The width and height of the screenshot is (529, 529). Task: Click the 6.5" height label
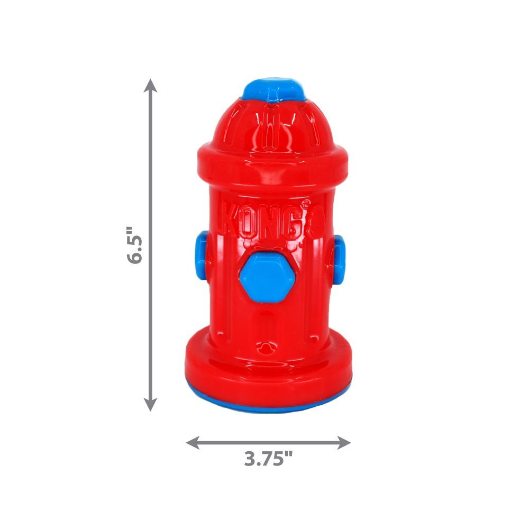tap(135, 244)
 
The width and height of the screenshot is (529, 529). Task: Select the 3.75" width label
tap(268, 459)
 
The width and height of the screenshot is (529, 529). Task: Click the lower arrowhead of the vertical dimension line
tap(151, 405)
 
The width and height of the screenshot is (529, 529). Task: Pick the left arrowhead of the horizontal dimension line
tap(191, 442)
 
